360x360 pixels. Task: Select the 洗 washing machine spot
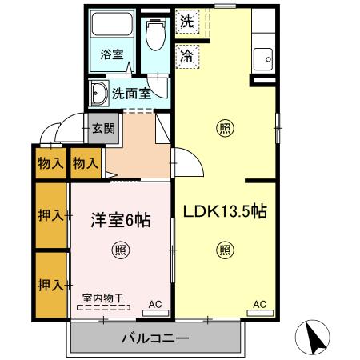[186, 22]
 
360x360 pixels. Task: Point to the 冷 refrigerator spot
[186, 56]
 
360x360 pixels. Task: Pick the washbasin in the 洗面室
[100, 94]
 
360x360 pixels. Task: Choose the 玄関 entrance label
[102, 127]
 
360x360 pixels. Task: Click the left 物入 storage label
[50, 163]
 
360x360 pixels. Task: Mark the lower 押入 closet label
[50, 284]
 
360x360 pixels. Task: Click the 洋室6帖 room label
[120, 218]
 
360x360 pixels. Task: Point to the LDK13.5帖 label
[225, 212]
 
